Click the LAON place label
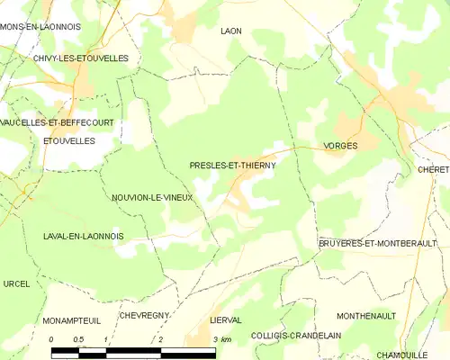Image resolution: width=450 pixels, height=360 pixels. [231, 31]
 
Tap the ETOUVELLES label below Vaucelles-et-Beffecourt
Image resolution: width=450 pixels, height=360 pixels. [68, 141]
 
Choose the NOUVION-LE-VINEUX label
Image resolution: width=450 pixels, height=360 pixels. [152, 197]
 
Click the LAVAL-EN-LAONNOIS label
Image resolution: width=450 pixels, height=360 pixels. [83, 236]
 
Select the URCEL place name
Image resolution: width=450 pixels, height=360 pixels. [16, 283]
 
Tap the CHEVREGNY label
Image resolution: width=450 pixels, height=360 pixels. [144, 316]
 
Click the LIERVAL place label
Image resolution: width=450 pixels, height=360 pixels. [226, 319]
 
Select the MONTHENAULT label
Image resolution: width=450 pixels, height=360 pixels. [367, 316]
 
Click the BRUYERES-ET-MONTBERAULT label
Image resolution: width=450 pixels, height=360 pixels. [377, 243]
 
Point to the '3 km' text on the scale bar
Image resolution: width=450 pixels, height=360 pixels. [222, 339]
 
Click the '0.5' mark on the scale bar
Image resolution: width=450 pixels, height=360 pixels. [78, 339]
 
